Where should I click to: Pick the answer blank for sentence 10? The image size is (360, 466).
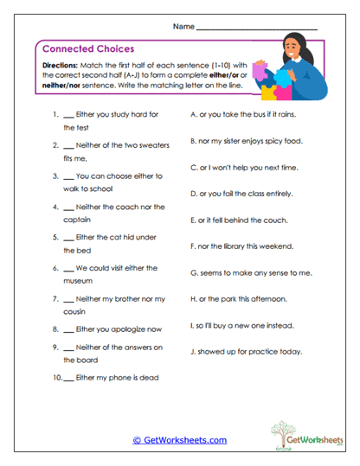pyautogui.click(x=68, y=378)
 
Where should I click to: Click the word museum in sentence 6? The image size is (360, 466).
pyautogui.click(x=78, y=282)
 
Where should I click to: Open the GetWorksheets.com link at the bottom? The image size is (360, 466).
pyautogui.click(x=179, y=440)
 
